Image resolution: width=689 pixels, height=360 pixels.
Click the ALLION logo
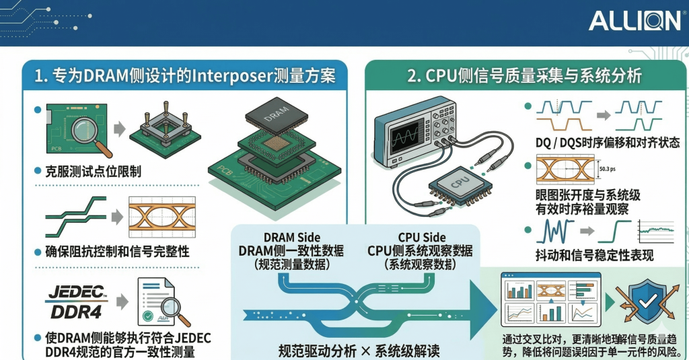pos(634,21)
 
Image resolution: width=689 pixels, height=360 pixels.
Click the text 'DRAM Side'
pos(292,237)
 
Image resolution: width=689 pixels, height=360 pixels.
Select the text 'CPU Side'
pos(422,237)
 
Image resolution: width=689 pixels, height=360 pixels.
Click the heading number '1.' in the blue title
pos(41,75)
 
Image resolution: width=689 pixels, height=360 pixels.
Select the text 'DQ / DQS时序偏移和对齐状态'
pos(603,143)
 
